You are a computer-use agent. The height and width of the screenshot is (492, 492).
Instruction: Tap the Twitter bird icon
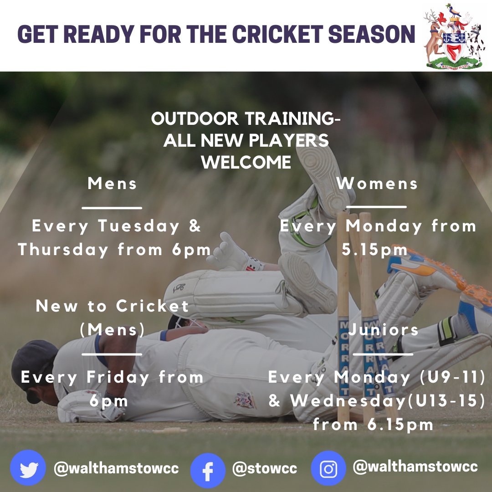point(28,468)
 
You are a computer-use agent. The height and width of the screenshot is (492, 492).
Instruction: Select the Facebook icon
point(208,471)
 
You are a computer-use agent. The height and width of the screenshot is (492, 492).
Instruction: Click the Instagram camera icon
point(328,469)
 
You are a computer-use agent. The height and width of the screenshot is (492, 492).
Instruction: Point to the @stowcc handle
point(264,468)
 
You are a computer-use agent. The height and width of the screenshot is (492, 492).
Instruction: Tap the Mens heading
point(112,184)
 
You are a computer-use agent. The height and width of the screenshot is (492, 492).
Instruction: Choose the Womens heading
point(377,184)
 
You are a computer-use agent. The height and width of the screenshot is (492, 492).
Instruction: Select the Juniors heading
point(384,330)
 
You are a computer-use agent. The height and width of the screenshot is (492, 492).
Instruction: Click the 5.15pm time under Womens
point(374,250)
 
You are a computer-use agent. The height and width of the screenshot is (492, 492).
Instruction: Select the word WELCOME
point(246,163)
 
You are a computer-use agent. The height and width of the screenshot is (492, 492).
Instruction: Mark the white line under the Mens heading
point(112,208)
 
